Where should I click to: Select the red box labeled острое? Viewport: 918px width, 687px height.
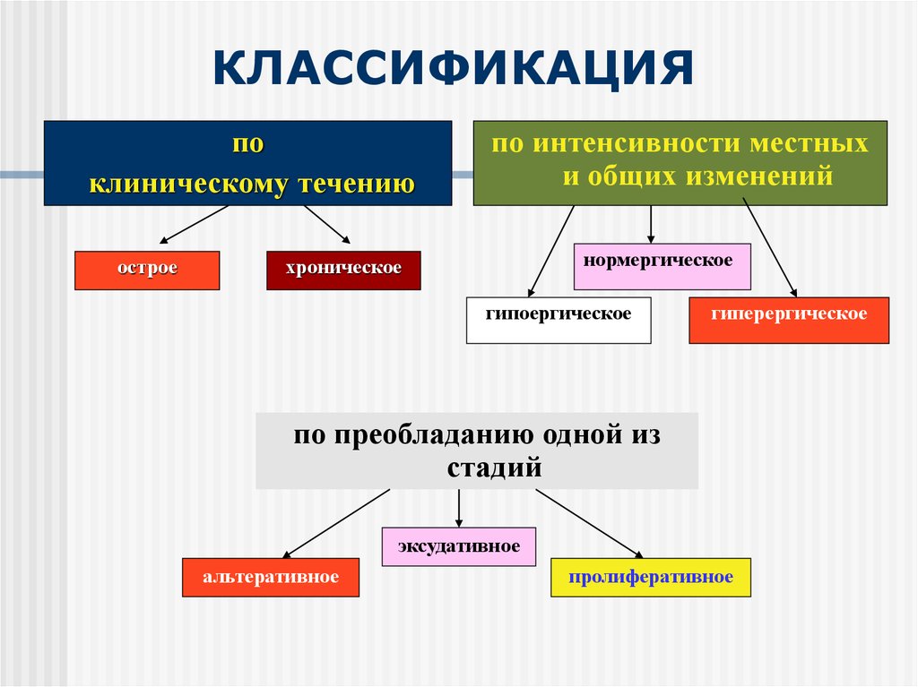[146, 270]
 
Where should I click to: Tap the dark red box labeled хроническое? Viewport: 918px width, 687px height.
[343, 270]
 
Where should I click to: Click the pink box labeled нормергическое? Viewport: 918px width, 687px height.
[662, 266]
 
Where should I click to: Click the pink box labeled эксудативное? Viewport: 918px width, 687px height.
[459, 547]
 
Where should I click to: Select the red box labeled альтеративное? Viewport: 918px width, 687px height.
[271, 578]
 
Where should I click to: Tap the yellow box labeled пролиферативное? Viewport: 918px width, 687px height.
[650, 578]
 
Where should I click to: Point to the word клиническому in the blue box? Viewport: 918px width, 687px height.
[189, 185]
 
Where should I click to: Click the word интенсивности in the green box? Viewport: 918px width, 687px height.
[639, 144]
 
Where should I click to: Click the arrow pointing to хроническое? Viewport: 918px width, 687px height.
[326, 224]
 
